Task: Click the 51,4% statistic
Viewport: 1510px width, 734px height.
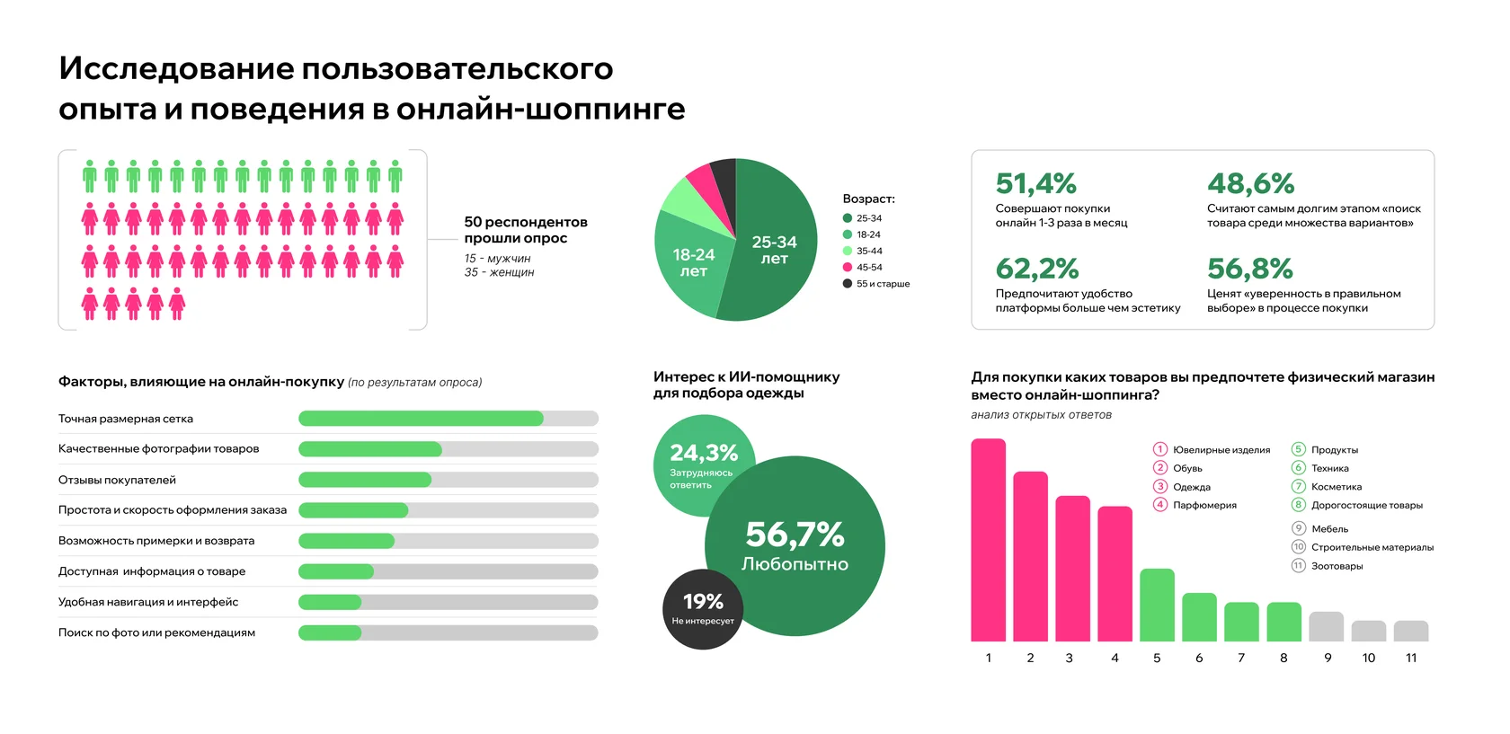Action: pyautogui.click(x=1035, y=183)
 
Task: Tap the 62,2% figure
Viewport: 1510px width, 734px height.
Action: pyautogui.click(x=1037, y=269)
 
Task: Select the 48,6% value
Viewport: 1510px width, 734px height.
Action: pyautogui.click(x=1250, y=183)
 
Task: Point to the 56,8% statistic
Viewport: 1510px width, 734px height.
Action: pyautogui.click(x=1249, y=269)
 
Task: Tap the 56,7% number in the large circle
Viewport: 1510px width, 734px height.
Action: pyautogui.click(x=795, y=535)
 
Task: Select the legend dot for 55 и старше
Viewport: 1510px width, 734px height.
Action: pyautogui.click(x=848, y=284)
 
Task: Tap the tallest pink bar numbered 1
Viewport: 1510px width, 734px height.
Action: pyautogui.click(x=989, y=540)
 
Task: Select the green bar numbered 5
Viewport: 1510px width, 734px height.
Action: pyautogui.click(x=1157, y=606)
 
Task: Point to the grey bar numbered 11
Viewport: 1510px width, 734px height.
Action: pyautogui.click(x=1411, y=631)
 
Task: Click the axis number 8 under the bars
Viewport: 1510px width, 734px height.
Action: pyautogui.click(x=1283, y=658)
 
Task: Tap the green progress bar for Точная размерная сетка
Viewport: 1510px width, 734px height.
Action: pyautogui.click(x=422, y=419)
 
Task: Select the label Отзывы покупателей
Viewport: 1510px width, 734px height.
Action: pyautogui.click(x=117, y=480)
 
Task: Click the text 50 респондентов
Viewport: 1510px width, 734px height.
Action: pyautogui.click(x=526, y=222)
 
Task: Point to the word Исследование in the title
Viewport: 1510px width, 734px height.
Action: pyautogui.click(x=176, y=69)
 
